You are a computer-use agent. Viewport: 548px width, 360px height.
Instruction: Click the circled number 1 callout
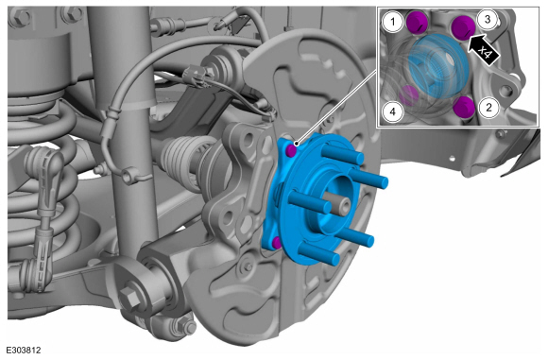click(x=392, y=22)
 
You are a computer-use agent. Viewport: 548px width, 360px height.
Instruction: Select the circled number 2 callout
click(x=488, y=108)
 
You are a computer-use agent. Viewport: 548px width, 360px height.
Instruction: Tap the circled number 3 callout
click(x=488, y=20)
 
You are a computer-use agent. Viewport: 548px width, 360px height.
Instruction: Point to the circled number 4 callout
click(x=392, y=111)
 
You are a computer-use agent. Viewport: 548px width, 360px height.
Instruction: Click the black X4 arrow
click(x=483, y=49)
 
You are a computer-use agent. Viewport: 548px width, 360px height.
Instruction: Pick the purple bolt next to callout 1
click(x=417, y=23)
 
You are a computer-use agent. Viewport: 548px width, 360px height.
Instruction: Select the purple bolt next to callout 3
click(x=463, y=27)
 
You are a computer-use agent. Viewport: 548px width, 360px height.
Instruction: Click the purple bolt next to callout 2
click(x=465, y=107)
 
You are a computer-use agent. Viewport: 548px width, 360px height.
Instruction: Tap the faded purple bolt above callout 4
click(x=409, y=95)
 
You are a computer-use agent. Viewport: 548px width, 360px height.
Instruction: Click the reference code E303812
click(x=23, y=351)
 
